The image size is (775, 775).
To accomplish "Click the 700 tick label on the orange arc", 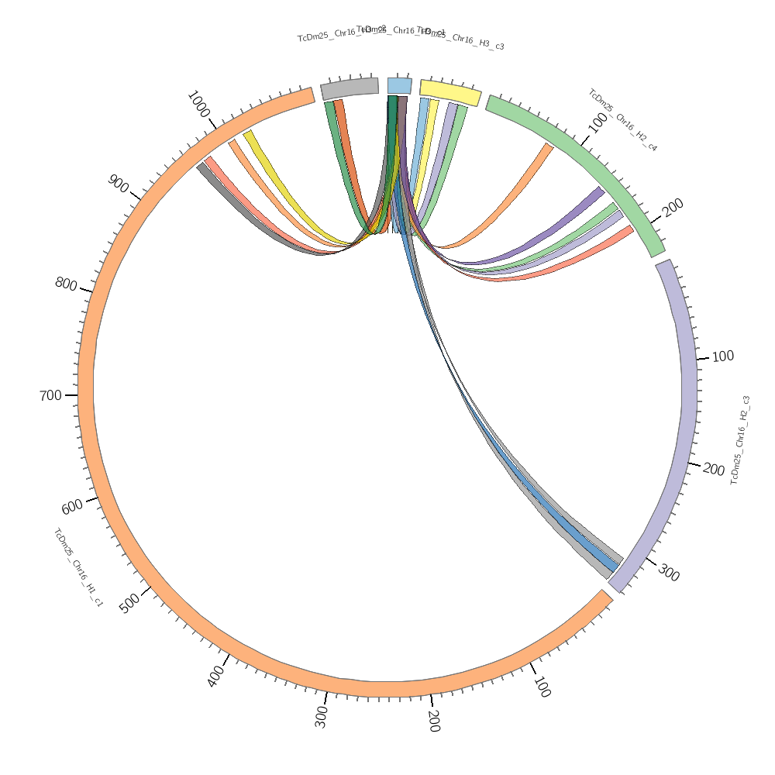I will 50,396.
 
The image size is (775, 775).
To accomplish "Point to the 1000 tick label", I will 199,105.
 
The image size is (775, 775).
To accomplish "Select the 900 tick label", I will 119,184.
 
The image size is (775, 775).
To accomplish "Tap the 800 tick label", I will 66,284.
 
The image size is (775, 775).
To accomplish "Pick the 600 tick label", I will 73,508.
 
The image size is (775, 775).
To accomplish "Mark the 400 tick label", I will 216,677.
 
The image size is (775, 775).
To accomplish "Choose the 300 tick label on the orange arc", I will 322,717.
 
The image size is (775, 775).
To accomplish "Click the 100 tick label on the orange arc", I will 541,687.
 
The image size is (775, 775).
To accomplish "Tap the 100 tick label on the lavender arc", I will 722,356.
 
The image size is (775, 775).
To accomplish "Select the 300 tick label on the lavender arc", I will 669,573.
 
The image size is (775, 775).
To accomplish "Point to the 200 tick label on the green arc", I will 673,207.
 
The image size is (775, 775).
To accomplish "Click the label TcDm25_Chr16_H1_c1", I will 77,567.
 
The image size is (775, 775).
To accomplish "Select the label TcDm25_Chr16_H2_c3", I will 739,440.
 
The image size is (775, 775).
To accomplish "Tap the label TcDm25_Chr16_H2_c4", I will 622,119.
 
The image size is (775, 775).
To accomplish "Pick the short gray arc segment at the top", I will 350,88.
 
